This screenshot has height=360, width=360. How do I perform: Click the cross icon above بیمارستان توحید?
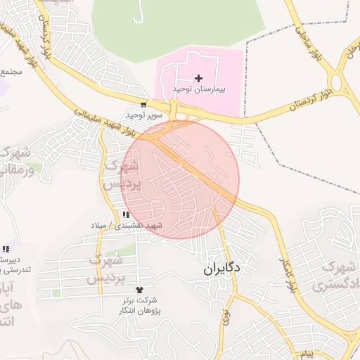(x=198, y=78)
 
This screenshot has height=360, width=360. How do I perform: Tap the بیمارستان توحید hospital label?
(x=198, y=90)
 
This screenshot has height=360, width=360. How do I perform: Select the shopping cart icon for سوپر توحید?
(x=143, y=105)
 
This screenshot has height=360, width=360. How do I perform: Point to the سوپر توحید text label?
(x=144, y=114)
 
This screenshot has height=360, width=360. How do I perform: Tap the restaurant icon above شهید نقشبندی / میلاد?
(x=126, y=214)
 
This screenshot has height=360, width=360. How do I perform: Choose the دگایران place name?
(x=222, y=268)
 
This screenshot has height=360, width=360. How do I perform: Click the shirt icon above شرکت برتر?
(x=139, y=289)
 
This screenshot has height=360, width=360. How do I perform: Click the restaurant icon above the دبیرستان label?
(x=6, y=248)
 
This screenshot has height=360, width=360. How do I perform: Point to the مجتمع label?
(x=12, y=72)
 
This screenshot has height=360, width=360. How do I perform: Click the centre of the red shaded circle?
(x=180, y=179)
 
